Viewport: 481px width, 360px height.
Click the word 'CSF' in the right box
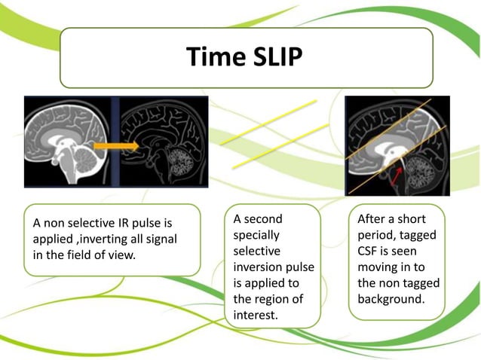point(369,251)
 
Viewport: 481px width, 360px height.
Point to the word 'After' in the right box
point(372,219)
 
